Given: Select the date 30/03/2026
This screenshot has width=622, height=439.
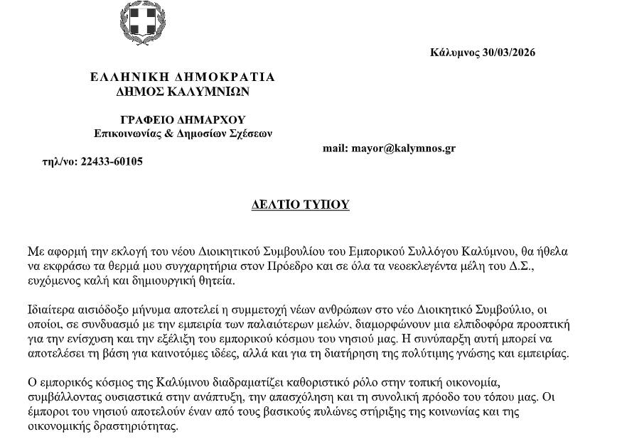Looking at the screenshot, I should click(508, 52).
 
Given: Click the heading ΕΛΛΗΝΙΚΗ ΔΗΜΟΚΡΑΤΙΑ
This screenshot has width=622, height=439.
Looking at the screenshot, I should click(183, 77).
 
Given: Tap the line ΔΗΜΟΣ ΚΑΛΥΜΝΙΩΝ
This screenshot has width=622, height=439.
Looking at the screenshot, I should click(183, 91).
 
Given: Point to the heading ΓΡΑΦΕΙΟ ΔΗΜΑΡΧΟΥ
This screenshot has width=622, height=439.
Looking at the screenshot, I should click(183, 119).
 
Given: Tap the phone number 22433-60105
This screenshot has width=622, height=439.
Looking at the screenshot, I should click(112, 161).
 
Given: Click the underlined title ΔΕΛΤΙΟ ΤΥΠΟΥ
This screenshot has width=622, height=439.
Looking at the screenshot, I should click(301, 205).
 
